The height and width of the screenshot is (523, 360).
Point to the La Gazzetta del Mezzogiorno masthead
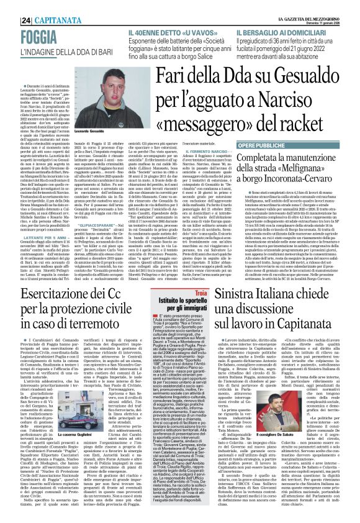[316, 5]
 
